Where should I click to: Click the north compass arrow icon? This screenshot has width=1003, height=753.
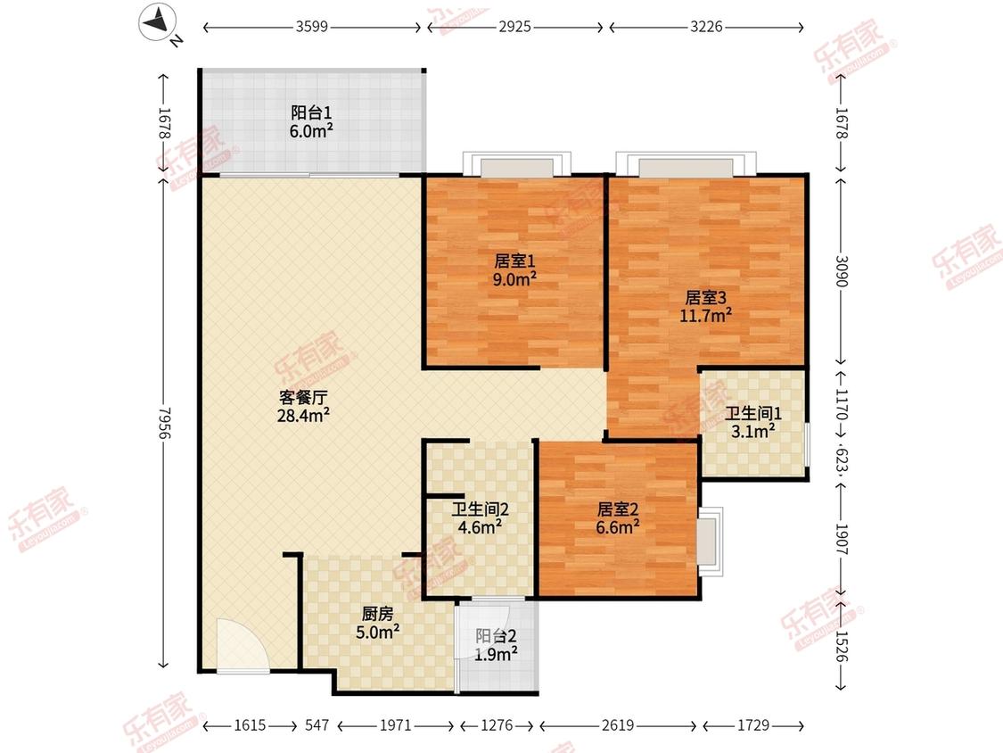(158, 21)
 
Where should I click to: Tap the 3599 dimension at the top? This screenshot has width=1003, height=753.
(311, 27)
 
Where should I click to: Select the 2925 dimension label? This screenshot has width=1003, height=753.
(515, 27)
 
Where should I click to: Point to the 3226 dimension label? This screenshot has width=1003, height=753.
(706, 27)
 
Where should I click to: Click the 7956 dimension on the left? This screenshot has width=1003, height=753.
(164, 423)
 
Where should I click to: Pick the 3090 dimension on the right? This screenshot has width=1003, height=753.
(841, 271)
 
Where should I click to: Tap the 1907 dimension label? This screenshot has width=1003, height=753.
(841, 540)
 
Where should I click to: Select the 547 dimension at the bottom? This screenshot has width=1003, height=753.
(317, 724)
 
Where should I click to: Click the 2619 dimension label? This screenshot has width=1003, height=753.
(618, 724)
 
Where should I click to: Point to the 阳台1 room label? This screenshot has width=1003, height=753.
(311, 112)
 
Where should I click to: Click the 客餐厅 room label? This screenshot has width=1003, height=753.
(303, 398)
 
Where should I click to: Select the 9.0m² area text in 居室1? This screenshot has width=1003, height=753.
(514, 279)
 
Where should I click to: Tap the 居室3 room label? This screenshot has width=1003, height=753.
(705, 298)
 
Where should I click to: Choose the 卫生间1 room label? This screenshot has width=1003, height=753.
(752, 414)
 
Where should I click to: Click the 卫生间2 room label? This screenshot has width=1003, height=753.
(480, 509)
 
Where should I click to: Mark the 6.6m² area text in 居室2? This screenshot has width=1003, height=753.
(617, 527)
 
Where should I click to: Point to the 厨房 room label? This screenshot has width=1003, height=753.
(377, 614)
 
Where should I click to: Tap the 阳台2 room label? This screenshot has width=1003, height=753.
(496, 636)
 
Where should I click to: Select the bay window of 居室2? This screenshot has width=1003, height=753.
(710, 542)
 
